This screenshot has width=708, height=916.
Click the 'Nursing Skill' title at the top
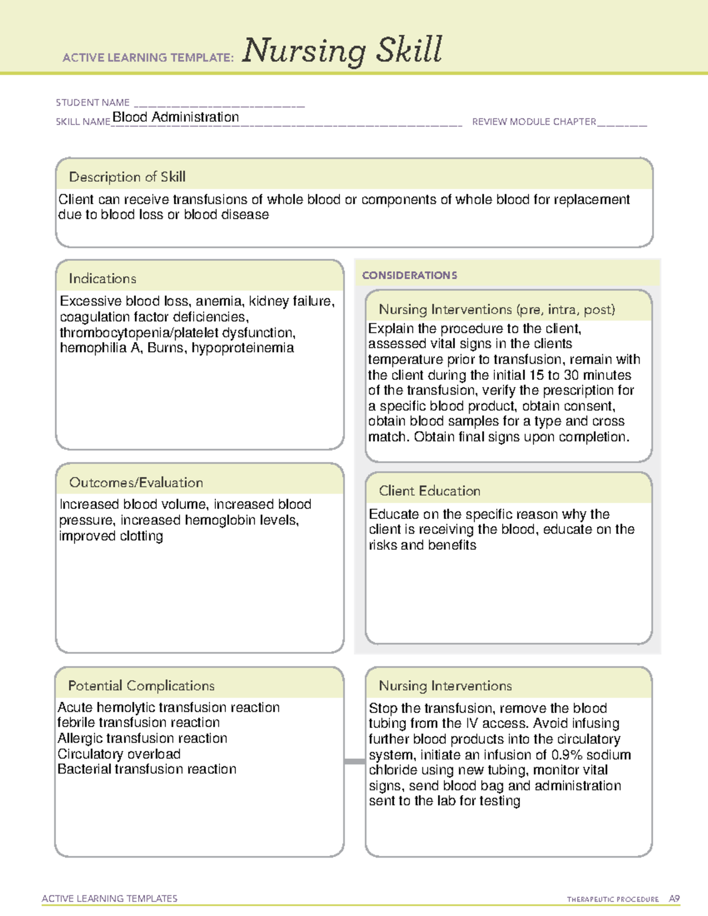[x=342, y=50]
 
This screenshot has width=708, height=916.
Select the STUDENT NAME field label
[x=93, y=103]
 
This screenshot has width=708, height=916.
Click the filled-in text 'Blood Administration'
[x=176, y=117]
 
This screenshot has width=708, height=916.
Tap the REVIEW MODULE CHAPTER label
[x=534, y=122]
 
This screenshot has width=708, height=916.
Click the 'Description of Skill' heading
[x=127, y=177]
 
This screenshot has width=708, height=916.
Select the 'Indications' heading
[x=102, y=278]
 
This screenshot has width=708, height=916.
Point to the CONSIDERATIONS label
[x=409, y=275]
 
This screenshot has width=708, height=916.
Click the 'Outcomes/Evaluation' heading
[x=136, y=482]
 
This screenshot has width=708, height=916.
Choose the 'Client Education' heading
[x=430, y=491]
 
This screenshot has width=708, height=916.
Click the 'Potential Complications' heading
[x=141, y=685]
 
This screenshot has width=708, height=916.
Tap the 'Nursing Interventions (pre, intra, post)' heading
[x=497, y=310]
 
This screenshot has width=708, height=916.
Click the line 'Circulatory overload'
[x=119, y=754]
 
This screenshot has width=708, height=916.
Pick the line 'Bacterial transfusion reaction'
[x=147, y=769]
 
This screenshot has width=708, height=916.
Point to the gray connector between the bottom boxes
[x=355, y=761]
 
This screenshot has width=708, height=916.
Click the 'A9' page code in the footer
[x=674, y=899]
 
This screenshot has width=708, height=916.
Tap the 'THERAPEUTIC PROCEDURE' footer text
[x=612, y=899]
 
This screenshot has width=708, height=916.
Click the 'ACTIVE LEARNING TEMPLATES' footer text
[x=110, y=898]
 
